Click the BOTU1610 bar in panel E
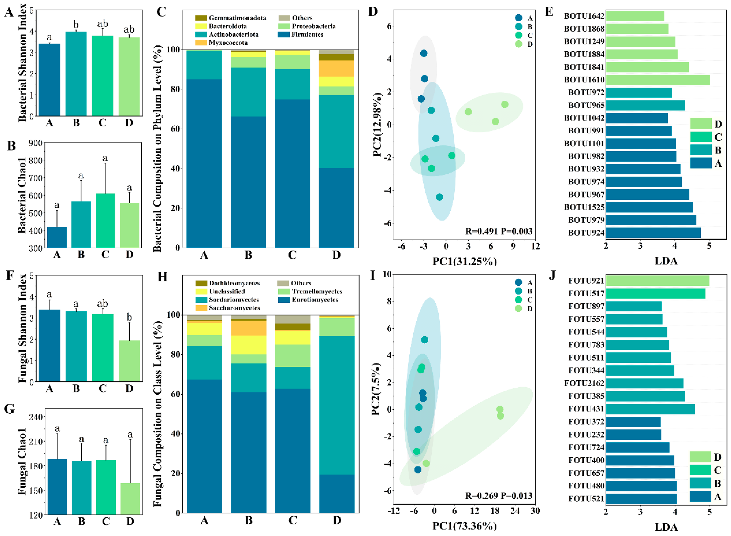coord(657,80)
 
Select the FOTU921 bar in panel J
coord(657,281)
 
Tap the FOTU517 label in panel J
coord(586,294)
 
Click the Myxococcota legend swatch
coord(201,43)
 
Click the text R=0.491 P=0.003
coord(498,231)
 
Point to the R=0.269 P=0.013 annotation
coord(498,496)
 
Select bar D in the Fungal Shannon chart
coord(129,361)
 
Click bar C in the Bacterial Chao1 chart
coord(105,221)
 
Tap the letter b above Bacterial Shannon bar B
coord(76,25)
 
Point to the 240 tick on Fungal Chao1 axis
coord(36,417)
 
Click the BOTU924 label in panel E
coord(586,233)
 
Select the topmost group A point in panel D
coord(423,53)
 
